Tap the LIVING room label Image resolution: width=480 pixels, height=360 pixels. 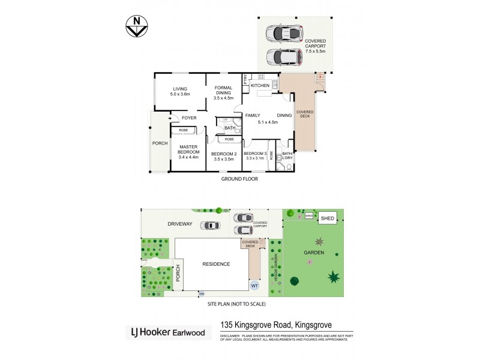tap(179, 89)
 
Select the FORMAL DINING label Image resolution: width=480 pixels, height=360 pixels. tap(223, 92)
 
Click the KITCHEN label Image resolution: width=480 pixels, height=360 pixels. tap(260, 86)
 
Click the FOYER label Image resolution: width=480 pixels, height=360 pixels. tap(189, 118)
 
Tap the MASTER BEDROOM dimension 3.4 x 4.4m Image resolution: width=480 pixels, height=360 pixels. tap(188, 157)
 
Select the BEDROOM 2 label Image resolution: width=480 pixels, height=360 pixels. tap(224, 154)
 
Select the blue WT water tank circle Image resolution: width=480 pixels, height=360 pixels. tap(254, 285)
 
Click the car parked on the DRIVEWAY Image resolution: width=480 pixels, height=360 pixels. tap(211, 226)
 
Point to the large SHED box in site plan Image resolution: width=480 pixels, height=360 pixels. tap(327, 217)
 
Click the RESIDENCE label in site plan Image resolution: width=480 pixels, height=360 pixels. tap(215, 263)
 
